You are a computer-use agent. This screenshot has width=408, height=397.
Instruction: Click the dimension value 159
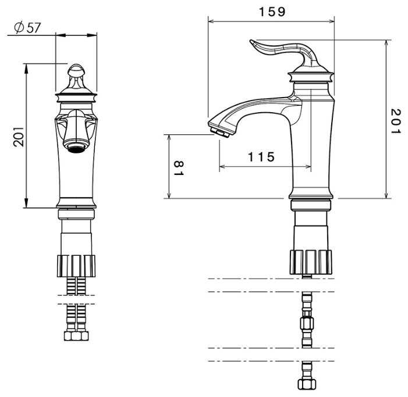272,12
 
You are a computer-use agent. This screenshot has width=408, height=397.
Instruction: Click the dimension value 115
261,157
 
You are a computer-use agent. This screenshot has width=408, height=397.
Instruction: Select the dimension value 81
179,168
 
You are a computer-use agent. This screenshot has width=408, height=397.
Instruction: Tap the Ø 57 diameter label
27,28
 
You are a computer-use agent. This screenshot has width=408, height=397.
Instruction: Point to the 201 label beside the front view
19,137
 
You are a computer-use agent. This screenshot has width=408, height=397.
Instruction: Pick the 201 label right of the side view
396,121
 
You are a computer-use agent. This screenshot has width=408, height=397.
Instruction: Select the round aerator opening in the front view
76,148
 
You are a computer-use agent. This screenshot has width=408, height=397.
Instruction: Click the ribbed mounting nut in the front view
76,266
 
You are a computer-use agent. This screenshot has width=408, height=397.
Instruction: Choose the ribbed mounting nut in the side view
311,262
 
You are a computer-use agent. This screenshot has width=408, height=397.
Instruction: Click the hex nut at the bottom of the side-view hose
307,384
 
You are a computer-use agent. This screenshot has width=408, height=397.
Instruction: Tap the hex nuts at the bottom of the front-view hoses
76,336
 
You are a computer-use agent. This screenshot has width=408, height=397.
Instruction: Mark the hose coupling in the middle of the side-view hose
307,324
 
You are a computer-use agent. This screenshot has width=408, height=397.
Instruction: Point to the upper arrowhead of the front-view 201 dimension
26,69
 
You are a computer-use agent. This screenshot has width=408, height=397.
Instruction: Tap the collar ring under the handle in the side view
311,77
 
